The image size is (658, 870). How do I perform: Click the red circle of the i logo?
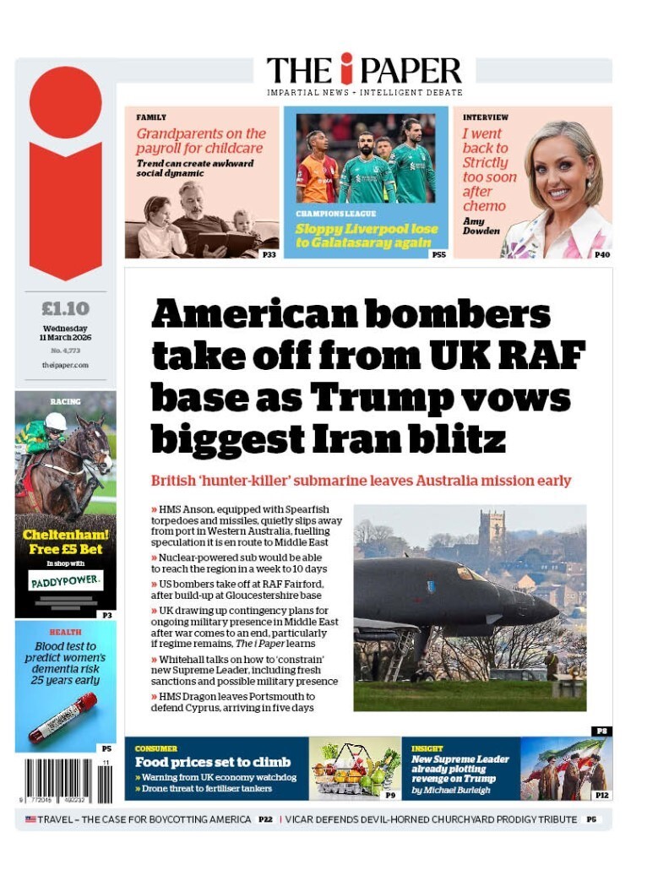tap(65, 102)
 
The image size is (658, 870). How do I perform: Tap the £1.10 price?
tap(65, 308)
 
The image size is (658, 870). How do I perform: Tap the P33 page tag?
tap(269, 253)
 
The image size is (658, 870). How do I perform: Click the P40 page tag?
tap(601, 253)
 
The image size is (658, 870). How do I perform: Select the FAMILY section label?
tap(151, 117)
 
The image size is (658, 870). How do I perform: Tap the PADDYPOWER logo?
tap(65, 581)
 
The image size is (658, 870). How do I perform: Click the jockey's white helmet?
tap(56, 421)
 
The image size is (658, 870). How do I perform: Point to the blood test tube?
tap(63, 717)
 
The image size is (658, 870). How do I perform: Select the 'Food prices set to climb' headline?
tap(213, 762)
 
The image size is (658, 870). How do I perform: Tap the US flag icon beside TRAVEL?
tap(30, 819)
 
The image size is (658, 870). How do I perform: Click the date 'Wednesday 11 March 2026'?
tap(65, 333)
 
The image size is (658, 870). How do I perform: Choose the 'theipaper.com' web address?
tap(65, 365)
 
